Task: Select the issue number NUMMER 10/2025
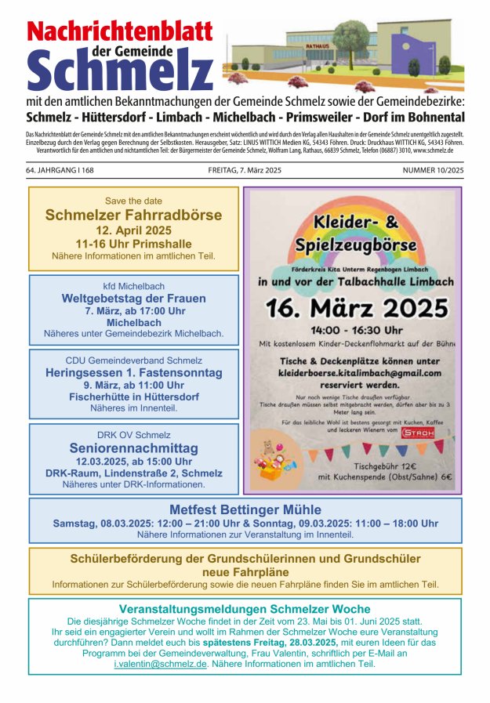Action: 433,170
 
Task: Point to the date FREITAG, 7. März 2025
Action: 245,170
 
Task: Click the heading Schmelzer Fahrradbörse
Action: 133,215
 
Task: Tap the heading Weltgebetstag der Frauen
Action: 134,299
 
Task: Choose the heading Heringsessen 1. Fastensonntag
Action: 134,373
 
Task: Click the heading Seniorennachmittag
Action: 134,448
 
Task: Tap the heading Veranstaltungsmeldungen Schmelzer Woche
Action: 245,609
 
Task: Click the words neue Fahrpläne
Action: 245,572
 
